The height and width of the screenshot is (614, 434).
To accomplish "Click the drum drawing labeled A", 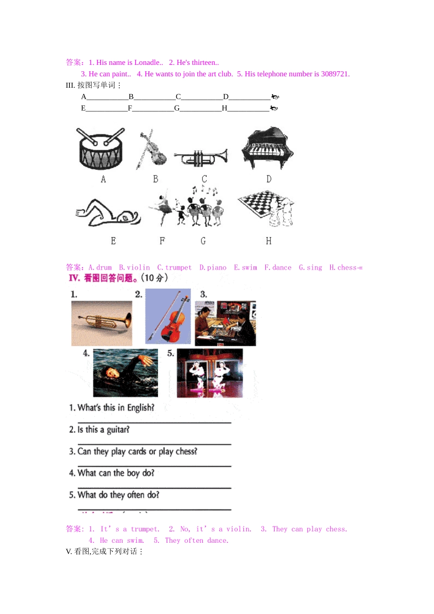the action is pos(101,148).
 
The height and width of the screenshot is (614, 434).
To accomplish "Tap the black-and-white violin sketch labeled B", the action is pos(152,149).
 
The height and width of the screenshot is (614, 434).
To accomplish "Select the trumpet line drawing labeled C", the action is pos(201,158).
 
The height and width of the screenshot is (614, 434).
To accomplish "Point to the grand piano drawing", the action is pos(267,148).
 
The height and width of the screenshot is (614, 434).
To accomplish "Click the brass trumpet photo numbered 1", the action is pos(102,323).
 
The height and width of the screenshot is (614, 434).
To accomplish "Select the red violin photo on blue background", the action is pos(168,316).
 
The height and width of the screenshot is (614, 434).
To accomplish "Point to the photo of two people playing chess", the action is pos(225,323).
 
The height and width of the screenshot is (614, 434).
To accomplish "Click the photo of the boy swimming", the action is pos(126,373).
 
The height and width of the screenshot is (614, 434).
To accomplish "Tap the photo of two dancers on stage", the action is pos(210,373).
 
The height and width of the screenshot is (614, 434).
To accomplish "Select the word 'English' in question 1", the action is pos(141,408).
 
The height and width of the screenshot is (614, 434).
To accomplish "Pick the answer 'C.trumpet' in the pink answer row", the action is pos(175,268).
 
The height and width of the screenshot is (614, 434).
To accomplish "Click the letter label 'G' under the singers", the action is pos(203,241).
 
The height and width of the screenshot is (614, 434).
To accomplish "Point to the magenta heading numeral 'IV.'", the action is pos(74,278).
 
